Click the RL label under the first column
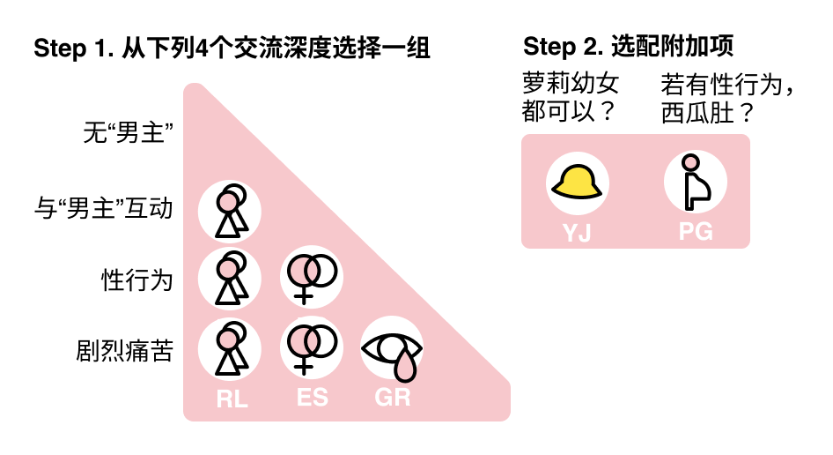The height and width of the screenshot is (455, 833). click(x=232, y=399)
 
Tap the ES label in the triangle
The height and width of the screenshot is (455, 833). click(x=313, y=398)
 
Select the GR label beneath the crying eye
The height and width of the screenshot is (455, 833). click(x=393, y=398)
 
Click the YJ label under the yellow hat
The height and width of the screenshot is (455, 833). click(x=577, y=233)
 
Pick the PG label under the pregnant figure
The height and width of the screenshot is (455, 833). click(x=695, y=233)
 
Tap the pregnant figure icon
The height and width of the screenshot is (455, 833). click(x=695, y=183)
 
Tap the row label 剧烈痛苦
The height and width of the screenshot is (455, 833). click(x=124, y=351)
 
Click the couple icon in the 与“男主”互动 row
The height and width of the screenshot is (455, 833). click(x=230, y=211)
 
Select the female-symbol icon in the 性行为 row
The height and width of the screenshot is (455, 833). click(x=311, y=275)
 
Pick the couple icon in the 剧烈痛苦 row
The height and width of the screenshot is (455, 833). click(x=230, y=348)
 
